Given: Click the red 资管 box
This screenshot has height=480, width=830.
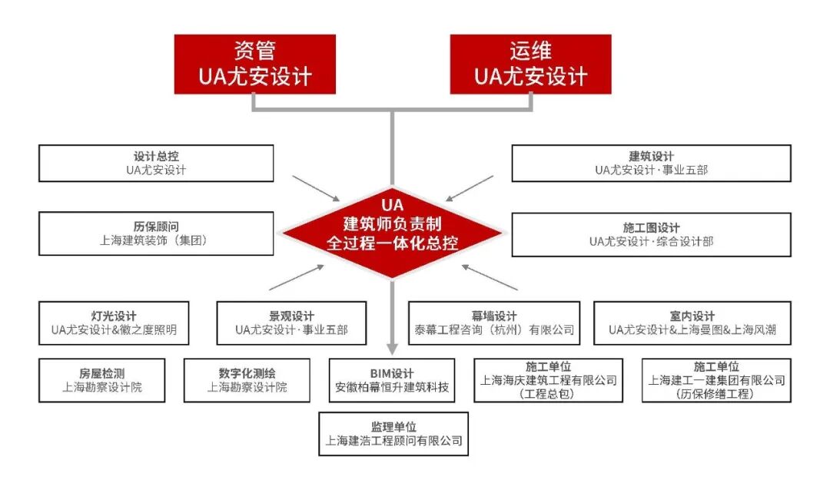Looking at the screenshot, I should coord(255,64).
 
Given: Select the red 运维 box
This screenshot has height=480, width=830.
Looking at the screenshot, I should coord(530,64).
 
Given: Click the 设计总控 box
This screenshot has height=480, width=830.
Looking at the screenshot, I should coord(156,164).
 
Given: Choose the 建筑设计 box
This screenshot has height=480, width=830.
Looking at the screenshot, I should coord(651,164).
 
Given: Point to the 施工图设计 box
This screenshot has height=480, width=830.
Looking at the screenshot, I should coord(651,234).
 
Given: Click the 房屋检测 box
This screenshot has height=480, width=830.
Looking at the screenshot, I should coord(102,380).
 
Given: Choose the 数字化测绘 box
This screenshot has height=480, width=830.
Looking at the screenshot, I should coord(247,380).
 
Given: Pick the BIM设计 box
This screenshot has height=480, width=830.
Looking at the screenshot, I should coord(392,380).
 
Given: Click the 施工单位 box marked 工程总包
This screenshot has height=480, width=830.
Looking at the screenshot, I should coord(548,380).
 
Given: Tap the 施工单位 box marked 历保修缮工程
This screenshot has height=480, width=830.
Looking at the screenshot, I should coord(716,380).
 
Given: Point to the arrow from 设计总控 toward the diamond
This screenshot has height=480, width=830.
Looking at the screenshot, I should coord(316,189).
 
